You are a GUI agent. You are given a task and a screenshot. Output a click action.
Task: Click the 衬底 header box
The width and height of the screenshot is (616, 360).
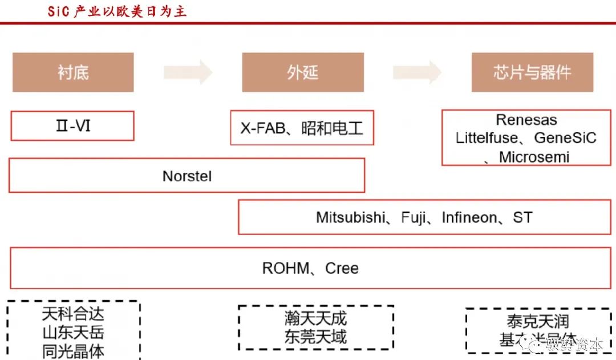(x=73, y=72)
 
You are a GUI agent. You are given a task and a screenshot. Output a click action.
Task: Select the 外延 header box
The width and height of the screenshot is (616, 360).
(x=302, y=72)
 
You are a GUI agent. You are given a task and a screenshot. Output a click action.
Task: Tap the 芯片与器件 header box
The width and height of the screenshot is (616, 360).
(x=532, y=72)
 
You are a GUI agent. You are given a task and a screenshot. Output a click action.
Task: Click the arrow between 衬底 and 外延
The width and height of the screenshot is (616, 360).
(x=188, y=72)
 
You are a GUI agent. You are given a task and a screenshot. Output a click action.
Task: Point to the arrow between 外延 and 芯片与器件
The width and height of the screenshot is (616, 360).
(x=417, y=72)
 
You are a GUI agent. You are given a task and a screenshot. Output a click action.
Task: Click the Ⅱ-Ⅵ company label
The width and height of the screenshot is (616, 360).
(x=73, y=126)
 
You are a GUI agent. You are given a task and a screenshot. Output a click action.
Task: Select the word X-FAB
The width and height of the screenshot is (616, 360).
(x=262, y=128)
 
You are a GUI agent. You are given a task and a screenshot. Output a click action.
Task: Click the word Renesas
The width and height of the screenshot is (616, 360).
(x=526, y=120)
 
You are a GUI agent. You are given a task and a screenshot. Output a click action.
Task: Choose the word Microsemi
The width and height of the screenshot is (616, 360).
(x=534, y=157)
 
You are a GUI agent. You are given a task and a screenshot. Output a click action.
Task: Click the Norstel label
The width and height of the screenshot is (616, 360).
(x=187, y=176)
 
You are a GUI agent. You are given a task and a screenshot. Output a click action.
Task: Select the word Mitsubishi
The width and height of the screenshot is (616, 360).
(x=350, y=217)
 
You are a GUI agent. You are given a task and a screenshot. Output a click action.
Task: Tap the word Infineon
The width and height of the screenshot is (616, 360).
(x=469, y=217)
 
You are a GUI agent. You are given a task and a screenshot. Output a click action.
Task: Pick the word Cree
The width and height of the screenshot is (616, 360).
(x=342, y=268)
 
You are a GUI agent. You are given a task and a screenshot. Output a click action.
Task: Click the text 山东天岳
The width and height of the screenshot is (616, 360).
(x=73, y=333)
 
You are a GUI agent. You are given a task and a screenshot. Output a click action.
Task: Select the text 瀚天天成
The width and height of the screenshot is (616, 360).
(x=315, y=318)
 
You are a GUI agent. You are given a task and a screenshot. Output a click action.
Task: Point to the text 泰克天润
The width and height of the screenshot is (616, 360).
(x=537, y=321)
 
